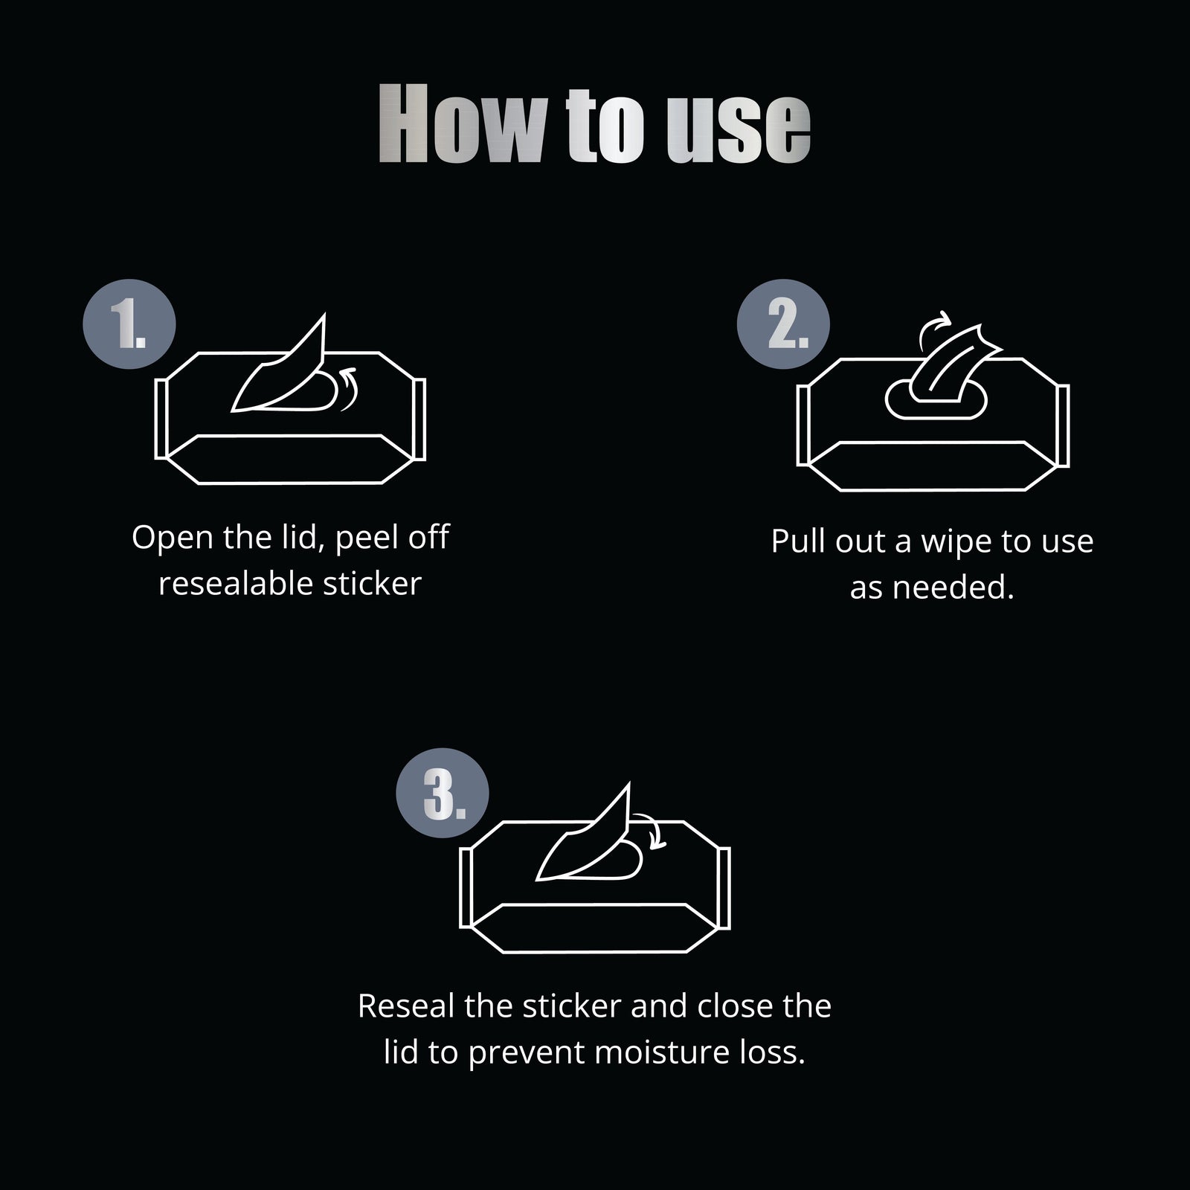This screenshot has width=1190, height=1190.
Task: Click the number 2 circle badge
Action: point(783,324)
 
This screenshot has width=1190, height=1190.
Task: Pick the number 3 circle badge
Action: point(443,794)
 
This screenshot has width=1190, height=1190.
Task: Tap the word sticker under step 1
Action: point(373,584)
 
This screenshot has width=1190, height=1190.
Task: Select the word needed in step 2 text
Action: point(953,588)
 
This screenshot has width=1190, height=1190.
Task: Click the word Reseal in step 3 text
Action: point(406,1006)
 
